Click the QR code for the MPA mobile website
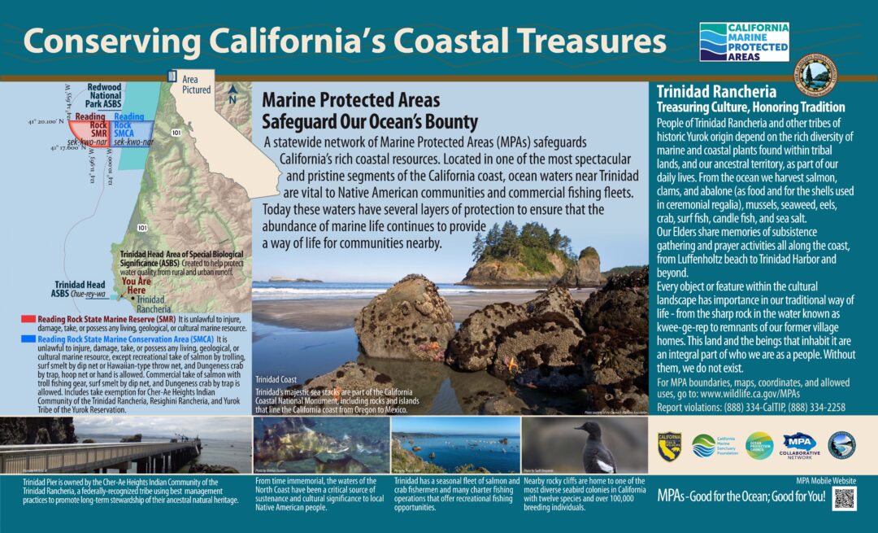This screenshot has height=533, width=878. coord(845,498)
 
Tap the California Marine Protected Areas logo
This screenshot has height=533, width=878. coord(744,42)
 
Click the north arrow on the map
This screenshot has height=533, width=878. coord(233,94)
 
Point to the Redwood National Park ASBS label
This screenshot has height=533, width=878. coord(104,97)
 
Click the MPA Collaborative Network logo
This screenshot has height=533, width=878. coord(799,445)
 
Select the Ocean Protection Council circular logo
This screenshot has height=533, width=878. coord(759,445)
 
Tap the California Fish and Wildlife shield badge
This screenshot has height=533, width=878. coord(669,445)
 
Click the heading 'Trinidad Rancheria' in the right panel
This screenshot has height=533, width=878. coord(716,92)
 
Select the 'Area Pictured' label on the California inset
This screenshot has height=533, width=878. coord(197,85)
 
